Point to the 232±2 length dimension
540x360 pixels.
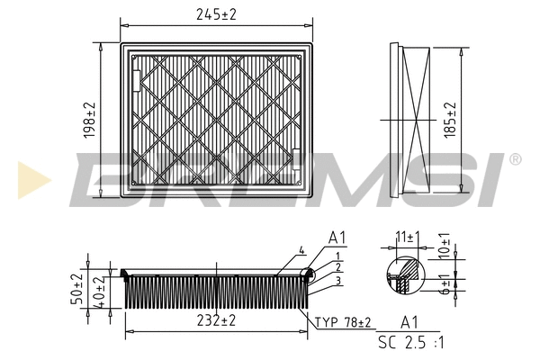216,320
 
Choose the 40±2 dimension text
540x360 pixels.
102,292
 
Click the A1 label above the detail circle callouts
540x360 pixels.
337,238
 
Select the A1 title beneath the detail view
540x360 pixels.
409,322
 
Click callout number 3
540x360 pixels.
336,283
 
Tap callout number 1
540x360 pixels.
336,256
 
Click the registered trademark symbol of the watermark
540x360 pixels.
515,159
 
